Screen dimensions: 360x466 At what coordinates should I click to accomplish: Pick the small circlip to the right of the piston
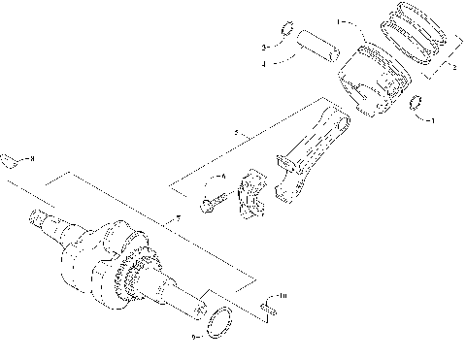pos(416,105)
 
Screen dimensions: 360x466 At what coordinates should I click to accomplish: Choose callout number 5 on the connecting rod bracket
pos(236,131)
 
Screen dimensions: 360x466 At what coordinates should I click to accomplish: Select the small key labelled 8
pos(10,160)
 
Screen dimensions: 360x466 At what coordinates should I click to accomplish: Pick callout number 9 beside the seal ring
pos(194,338)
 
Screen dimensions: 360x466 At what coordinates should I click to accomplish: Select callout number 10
pos(282,294)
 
